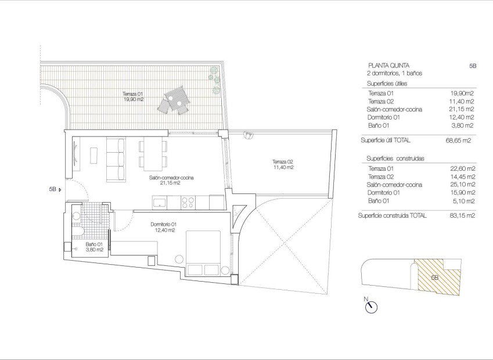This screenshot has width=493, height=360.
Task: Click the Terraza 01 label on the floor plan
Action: point(132,96)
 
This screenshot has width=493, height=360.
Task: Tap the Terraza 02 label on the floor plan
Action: point(283,164)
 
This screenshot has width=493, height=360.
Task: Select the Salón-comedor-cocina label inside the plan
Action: point(171,181)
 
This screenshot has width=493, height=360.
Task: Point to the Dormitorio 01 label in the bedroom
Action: point(163,227)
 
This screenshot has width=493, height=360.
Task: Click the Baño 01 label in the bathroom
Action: point(94,247)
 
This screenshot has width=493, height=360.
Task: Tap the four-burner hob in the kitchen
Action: point(188,202)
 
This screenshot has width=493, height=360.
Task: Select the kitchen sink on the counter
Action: point(160,202)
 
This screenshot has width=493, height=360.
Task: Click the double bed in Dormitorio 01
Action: point(202,254)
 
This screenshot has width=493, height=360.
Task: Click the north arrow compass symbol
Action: point(370,307)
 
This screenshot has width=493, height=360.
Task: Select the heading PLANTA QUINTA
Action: point(388,66)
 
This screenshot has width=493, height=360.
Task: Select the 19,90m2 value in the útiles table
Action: point(462,92)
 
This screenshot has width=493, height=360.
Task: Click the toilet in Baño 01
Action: point(77,233)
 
